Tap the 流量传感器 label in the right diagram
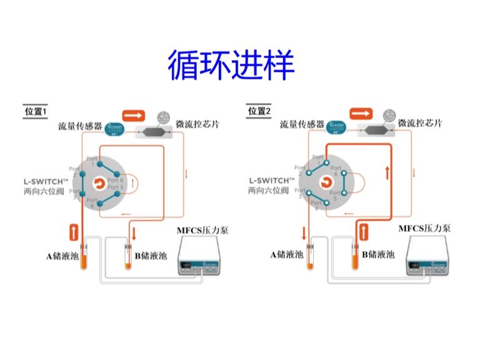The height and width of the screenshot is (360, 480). [302, 124]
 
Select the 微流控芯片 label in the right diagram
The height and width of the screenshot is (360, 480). [420, 123]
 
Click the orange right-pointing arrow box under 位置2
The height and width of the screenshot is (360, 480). [361, 113]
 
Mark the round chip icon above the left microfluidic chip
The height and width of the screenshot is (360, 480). [165, 116]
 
